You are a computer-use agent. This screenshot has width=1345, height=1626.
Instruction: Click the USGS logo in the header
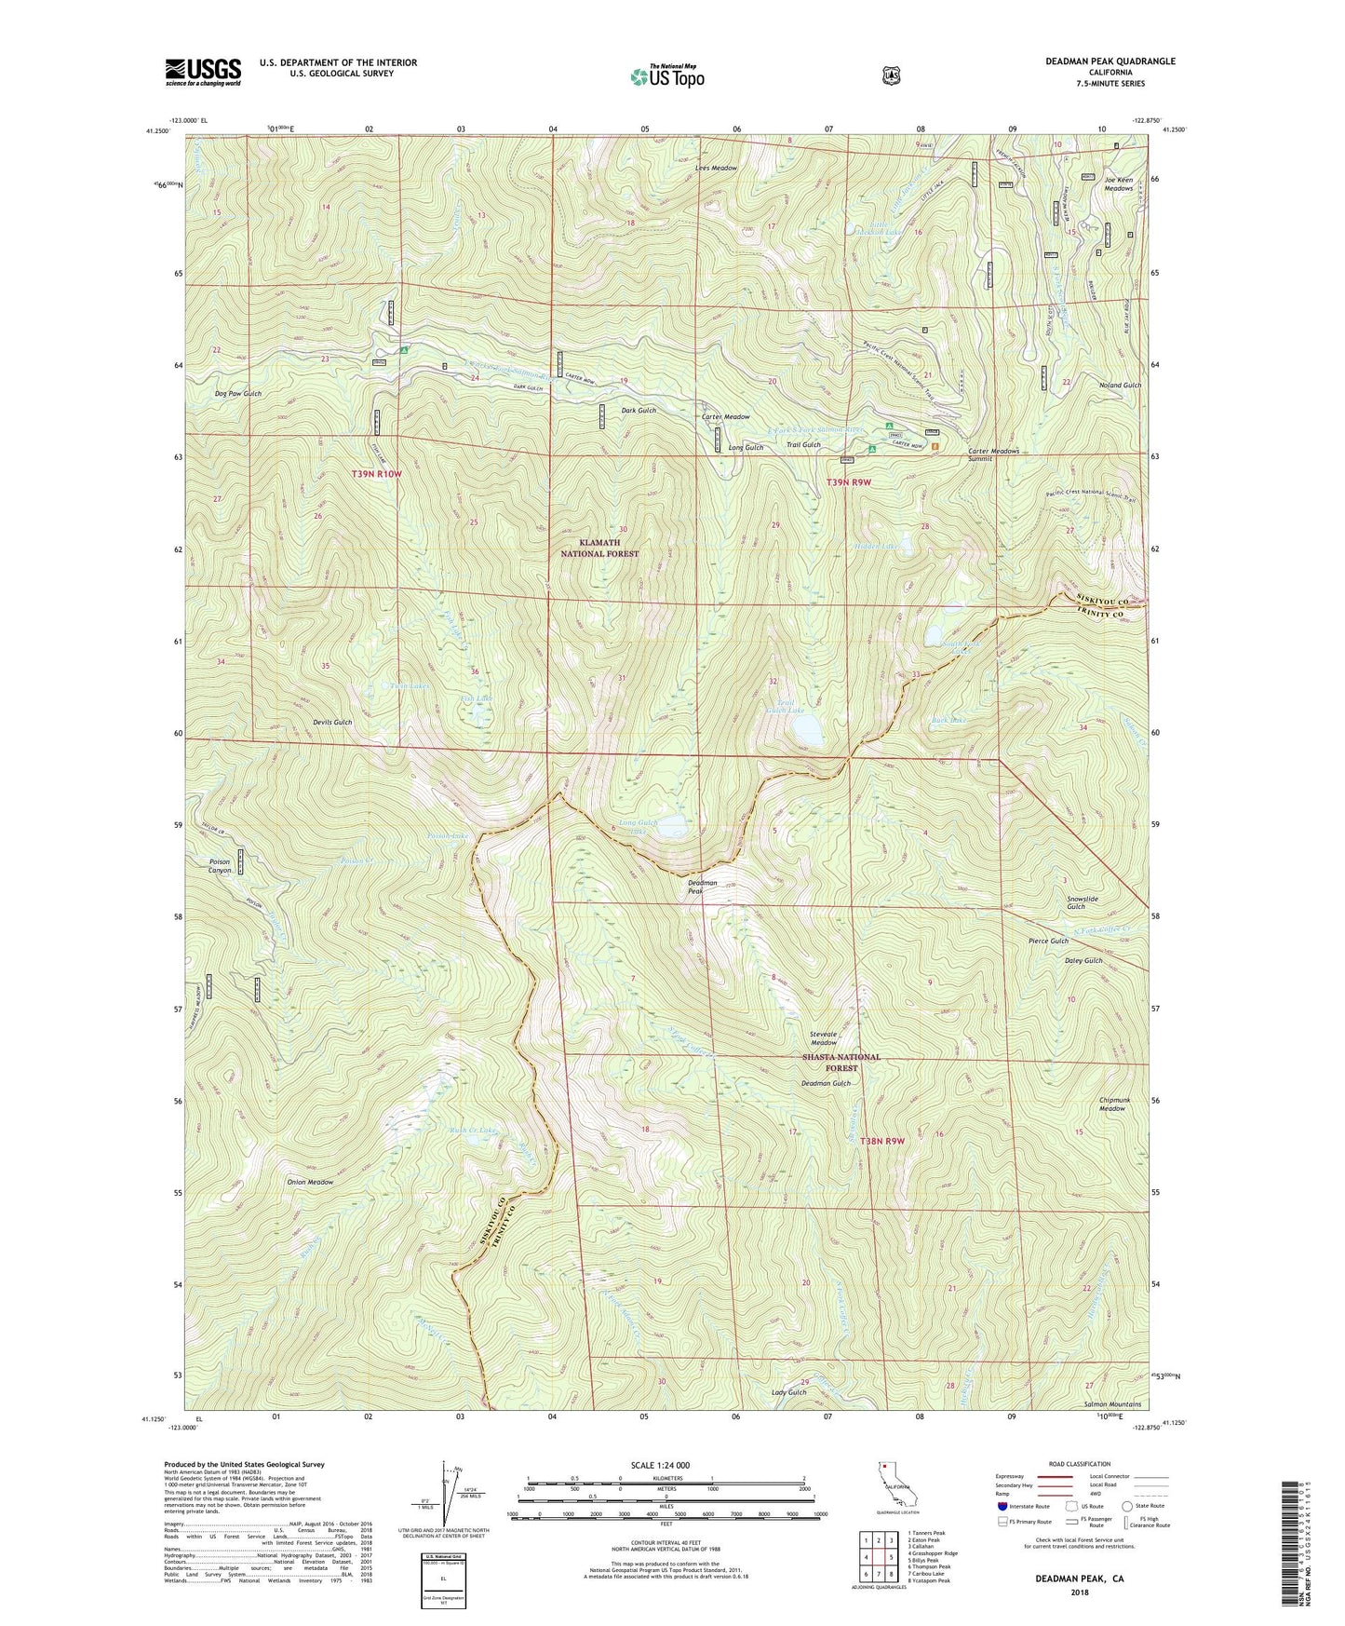tap(203, 72)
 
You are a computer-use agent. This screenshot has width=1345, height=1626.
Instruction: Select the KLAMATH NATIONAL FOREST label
tap(599, 548)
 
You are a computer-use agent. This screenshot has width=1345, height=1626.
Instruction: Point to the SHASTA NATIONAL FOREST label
tap(841, 1063)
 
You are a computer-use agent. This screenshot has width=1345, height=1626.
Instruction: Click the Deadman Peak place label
tap(703, 887)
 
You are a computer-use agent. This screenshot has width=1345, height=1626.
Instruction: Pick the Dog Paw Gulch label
tap(238, 394)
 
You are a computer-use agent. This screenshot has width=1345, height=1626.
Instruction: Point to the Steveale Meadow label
tap(823, 1038)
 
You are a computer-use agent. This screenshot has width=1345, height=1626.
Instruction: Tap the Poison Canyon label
tap(220, 866)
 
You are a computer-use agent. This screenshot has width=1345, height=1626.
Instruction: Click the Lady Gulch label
tap(788, 1392)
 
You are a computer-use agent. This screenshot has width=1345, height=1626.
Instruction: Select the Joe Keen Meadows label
tap(1119, 183)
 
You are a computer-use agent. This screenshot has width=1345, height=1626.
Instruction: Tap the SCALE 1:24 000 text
tap(660, 1465)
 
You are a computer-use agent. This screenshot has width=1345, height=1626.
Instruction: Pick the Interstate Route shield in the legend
tap(1002, 1506)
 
